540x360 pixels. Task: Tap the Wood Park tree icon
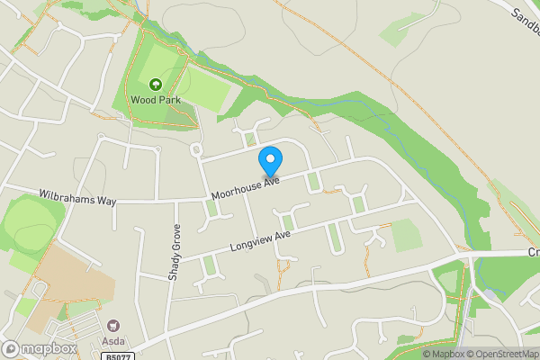(155, 84)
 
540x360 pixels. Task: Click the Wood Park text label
(155, 100)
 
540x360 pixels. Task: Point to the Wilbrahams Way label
(77, 195)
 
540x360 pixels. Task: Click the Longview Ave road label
(260, 239)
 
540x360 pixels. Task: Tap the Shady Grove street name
(175, 252)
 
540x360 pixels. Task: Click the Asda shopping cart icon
(112, 325)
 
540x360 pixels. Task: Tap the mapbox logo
(38, 348)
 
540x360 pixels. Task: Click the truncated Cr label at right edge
(533, 254)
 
